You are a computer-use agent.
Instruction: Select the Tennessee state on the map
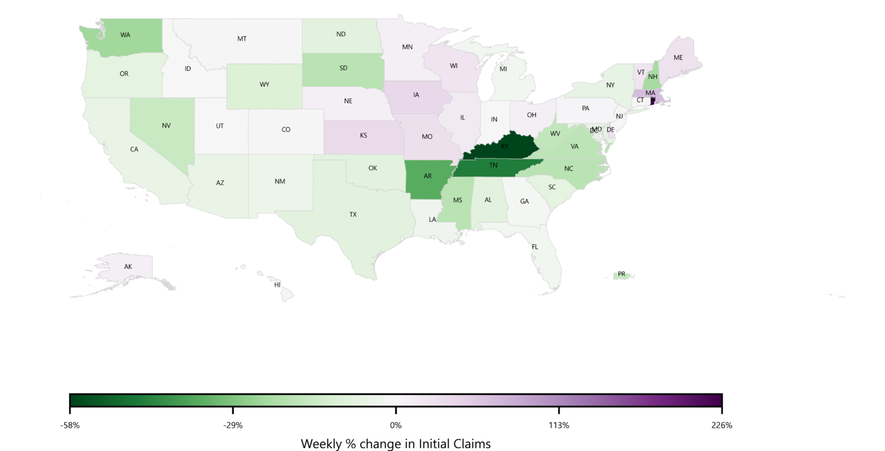pos(493,166)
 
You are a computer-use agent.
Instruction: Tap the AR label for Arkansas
pos(428,176)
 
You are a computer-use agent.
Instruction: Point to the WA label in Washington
pos(125,35)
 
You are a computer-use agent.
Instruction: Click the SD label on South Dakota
pos(343,68)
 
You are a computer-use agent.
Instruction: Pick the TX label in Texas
pos(353,215)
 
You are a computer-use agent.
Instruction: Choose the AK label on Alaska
pos(128,267)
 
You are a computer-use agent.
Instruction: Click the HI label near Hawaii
pos(277,285)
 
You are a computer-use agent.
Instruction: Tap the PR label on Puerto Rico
pos(621,274)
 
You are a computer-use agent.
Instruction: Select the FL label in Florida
pos(535,247)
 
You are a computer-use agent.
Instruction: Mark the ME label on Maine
pos(678,58)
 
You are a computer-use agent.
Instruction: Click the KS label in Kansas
pos(364,136)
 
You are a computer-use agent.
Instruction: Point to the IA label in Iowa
pos(416,95)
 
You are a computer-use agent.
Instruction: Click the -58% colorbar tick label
pos(70,426)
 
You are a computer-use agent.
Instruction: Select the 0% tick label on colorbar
pos(396,426)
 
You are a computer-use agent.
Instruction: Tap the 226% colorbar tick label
pos(722,426)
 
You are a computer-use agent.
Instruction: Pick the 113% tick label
pos(559,426)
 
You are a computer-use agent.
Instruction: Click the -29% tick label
pos(233,426)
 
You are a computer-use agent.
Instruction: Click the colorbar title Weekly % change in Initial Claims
pos(396,444)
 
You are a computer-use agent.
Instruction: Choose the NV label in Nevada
pos(167,126)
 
